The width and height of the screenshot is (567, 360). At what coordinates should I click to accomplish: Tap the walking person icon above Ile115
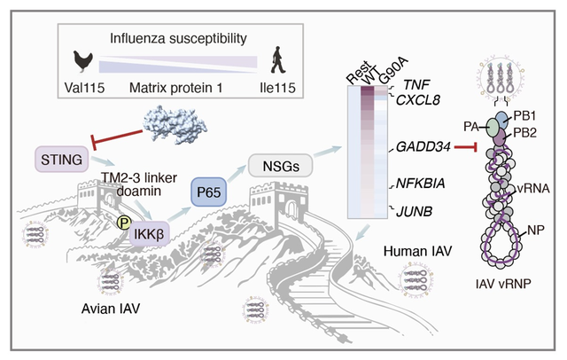(276, 61)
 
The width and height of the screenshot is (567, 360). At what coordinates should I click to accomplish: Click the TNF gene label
(418, 84)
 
